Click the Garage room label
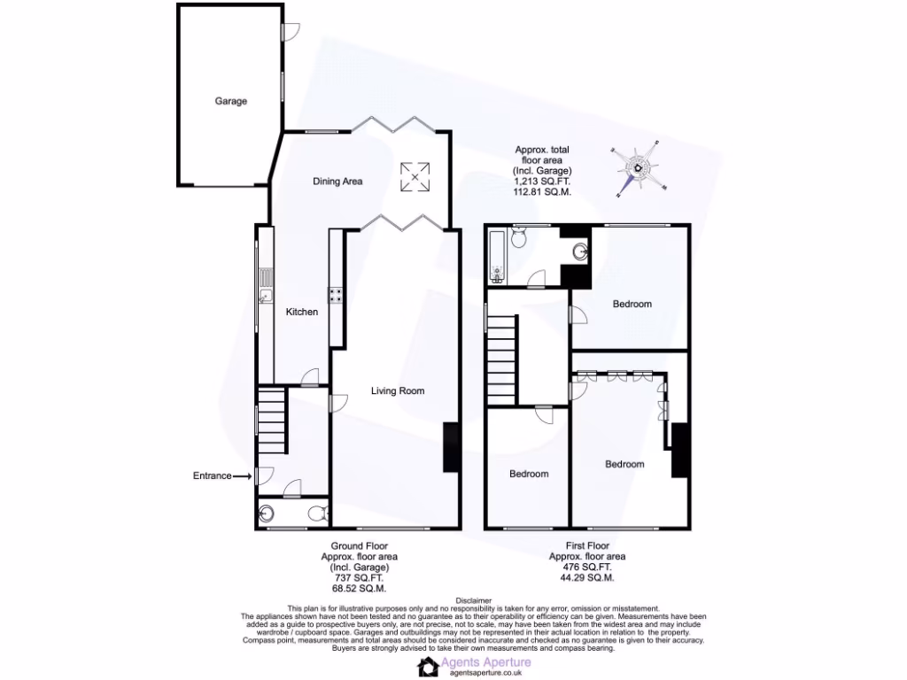click(x=231, y=101)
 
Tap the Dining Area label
click(x=337, y=182)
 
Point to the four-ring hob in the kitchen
click(x=337, y=296)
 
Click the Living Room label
click(x=398, y=390)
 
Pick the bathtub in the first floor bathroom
click(x=496, y=256)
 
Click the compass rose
click(x=639, y=168)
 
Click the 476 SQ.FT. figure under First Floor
click(x=587, y=568)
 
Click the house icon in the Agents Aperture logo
click(x=429, y=667)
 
